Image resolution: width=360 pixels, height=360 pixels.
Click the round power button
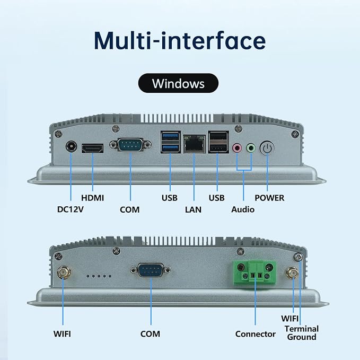pos(267,148)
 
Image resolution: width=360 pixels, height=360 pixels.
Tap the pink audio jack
pos(237,148)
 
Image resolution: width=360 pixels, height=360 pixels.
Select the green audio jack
pos(251,148)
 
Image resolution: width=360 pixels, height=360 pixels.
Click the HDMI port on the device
pos(93,148)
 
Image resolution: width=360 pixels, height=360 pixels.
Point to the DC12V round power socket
pos(71,146)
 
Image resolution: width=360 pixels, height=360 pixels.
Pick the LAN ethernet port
pos(194,144)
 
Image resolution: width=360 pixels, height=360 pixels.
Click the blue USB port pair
pos(171,142)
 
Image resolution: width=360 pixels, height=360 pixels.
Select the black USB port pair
pos(218,142)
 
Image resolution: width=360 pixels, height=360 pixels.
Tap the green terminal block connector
pos(255,273)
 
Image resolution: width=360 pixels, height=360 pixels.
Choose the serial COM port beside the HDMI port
pos(130,145)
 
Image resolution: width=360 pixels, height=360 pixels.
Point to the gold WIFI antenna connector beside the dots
pos(64,273)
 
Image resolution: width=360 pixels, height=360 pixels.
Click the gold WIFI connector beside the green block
pos(293,273)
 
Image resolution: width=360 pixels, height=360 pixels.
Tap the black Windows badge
pos(178,83)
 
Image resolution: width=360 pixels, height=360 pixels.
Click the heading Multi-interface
pos(180,41)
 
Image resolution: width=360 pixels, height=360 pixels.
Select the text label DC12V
pos(71,209)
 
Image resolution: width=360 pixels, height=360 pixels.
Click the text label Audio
pos(243,209)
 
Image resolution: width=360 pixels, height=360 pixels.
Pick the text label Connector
pos(256,334)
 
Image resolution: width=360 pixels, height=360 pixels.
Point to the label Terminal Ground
pos(302,333)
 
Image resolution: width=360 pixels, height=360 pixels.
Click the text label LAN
pos(194,209)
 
